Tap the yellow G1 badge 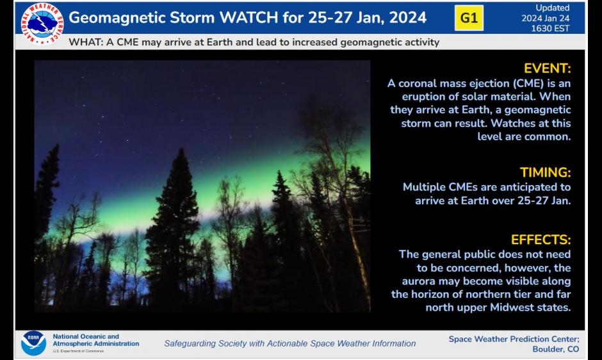click(x=469, y=18)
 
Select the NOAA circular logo click(x=33, y=343)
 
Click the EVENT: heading click(x=546, y=69)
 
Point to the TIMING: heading click(x=545, y=172)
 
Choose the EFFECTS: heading click(x=541, y=240)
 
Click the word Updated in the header click(x=553, y=8)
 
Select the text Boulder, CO click(x=555, y=349)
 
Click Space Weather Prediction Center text click(x=514, y=339)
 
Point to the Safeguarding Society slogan click(x=289, y=343)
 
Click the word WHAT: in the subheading click(x=85, y=43)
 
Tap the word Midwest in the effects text click(x=505, y=307)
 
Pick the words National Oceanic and click(x=86, y=336)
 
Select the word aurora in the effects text click(x=419, y=281)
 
